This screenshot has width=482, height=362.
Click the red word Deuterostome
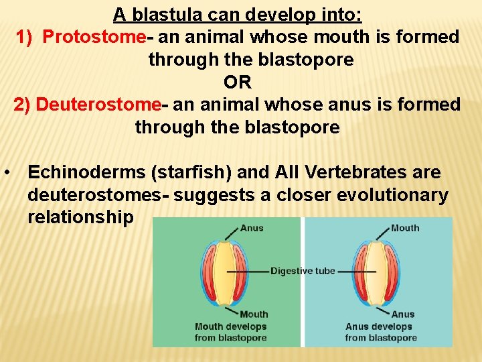(98, 105)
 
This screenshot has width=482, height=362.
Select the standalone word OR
(237, 82)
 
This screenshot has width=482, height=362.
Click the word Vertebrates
(355, 172)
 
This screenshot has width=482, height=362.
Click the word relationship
(80, 218)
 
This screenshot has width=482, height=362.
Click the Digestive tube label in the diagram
(303, 271)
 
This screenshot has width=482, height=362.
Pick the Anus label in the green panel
(252, 228)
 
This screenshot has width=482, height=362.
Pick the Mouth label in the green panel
(254, 314)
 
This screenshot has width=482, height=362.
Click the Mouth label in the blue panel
(405, 228)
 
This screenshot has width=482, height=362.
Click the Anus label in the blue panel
(403, 314)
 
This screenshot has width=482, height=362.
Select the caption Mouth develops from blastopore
(230, 333)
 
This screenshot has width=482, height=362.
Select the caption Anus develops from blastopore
(381, 333)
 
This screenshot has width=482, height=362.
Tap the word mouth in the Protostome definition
(311, 37)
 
